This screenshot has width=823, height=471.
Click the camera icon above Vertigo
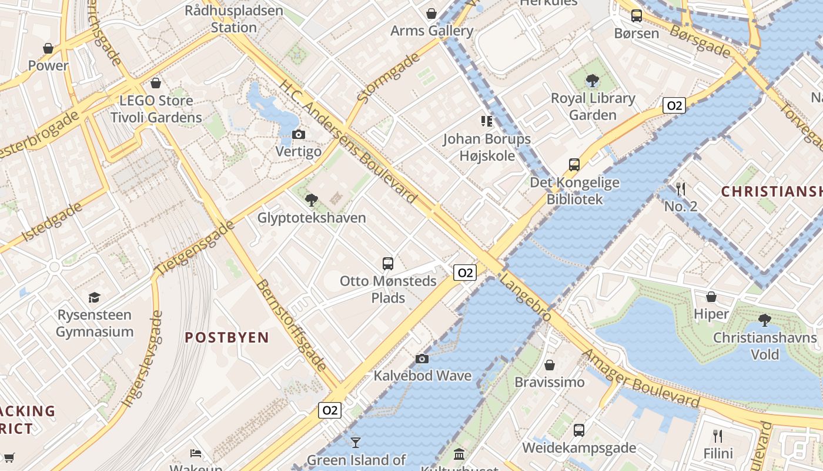299,134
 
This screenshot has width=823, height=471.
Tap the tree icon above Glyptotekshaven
312,200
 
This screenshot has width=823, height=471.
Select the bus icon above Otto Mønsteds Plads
388,264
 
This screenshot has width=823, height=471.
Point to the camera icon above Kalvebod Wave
421,359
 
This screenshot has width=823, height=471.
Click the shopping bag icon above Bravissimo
550,365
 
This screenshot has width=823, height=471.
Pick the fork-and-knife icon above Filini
717,436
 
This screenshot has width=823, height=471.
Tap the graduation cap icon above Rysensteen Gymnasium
94,297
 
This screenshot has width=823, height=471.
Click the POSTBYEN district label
227,337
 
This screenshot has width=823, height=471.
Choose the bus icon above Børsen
636,16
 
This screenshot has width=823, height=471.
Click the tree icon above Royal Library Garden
593,81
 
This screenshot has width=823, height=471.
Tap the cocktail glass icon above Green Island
356,442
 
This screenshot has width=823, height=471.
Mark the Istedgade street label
52,222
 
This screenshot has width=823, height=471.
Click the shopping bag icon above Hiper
711,297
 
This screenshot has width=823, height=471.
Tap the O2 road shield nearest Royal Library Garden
674,106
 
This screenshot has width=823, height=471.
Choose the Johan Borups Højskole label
487,147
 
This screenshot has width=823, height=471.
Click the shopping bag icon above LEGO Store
156,83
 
